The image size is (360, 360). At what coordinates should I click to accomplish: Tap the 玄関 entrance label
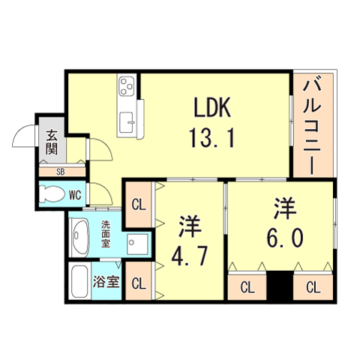[52, 142]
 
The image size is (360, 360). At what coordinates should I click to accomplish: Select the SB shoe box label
[52, 170]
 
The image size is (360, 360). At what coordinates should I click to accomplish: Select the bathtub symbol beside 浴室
[79, 283]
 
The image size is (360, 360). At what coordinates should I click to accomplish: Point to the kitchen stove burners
[126, 86]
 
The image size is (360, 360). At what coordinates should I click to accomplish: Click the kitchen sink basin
[126, 119]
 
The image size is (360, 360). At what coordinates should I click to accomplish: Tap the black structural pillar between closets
[281, 286]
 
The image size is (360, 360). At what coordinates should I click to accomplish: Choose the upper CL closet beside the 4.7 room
[137, 203]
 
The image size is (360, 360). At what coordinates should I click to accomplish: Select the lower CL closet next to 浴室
[137, 283]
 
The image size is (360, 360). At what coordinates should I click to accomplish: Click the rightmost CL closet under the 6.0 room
[313, 286]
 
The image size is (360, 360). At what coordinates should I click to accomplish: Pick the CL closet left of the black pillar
[248, 286]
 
